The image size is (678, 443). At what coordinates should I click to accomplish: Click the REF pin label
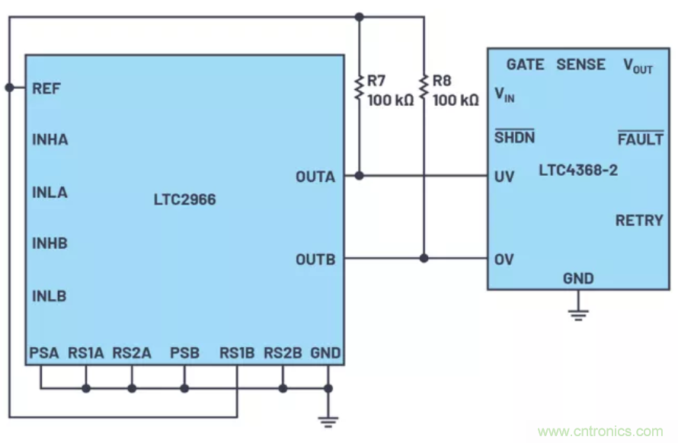[x=46, y=88]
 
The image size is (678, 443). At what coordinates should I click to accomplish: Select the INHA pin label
[x=50, y=140]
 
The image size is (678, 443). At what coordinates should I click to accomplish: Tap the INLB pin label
[x=50, y=296]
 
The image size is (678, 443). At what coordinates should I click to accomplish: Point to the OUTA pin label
[x=315, y=177]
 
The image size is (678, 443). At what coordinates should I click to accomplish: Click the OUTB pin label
[x=315, y=260]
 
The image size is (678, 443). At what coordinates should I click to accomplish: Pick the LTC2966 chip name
[x=184, y=200]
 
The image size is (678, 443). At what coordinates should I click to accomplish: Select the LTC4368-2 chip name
[x=578, y=170]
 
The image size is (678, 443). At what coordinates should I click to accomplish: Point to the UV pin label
[x=504, y=177]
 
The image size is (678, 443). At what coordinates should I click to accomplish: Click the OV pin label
[x=504, y=260]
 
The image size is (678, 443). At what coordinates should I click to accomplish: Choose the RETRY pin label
[x=639, y=221]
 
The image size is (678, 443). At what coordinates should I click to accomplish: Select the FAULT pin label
[x=640, y=140]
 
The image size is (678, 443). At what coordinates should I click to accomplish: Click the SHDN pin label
[x=514, y=138]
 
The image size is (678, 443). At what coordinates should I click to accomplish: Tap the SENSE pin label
[x=580, y=65]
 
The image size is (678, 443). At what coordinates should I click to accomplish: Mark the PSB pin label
[x=184, y=353]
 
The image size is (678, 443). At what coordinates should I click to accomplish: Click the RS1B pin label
[x=236, y=353]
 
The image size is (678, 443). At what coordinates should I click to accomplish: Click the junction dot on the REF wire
[x=9, y=88]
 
